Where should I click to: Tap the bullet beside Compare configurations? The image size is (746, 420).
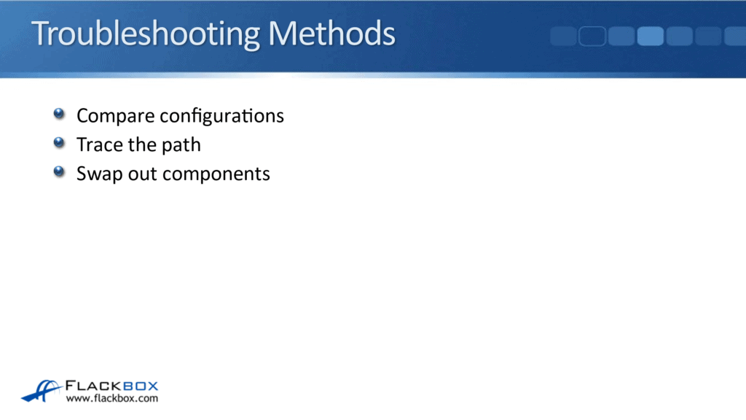point(59,114)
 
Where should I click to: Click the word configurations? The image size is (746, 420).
point(221,116)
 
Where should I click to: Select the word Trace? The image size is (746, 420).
point(99,144)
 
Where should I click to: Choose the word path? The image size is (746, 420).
point(181,145)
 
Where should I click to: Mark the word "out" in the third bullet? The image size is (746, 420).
point(141,174)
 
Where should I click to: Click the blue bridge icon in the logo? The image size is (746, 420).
point(42,390)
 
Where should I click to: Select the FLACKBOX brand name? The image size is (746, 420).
point(111,386)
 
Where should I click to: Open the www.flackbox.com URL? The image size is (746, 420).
point(111,399)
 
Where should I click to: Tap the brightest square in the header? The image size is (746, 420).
point(650,36)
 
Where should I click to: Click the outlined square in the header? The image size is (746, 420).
point(592,36)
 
